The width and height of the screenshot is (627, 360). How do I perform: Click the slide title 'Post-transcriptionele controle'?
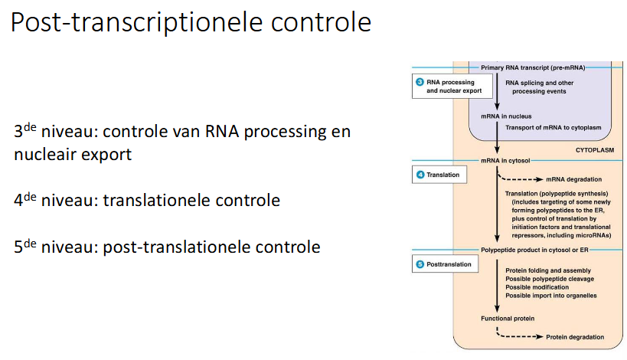(x=191, y=22)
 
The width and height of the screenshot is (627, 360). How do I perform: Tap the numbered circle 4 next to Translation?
(x=420, y=175)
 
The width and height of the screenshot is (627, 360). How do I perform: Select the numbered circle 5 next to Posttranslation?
(x=420, y=264)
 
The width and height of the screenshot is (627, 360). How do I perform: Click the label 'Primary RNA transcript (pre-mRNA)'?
(x=533, y=67)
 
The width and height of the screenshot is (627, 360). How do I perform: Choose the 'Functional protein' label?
(x=508, y=317)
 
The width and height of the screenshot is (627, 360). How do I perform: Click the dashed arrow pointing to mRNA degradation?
(x=521, y=177)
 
